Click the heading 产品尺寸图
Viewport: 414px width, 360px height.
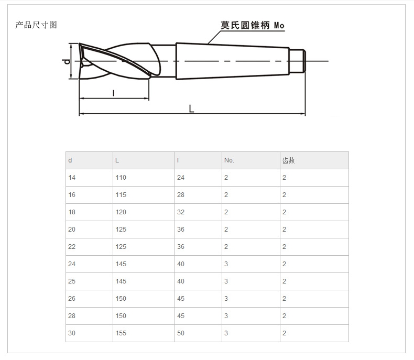[x=36, y=25]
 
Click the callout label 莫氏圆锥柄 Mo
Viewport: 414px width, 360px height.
[x=253, y=25]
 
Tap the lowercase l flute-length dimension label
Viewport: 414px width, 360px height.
[x=114, y=93]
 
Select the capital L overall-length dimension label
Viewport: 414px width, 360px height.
[x=192, y=108]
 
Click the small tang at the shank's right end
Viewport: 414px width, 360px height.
[x=298, y=61]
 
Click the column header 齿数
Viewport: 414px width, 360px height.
[x=288, y=160]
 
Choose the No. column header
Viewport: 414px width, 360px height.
[x=229, y=160]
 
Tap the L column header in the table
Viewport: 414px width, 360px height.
[x=117, y=160]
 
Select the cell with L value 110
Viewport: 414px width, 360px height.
[x=121, y=178]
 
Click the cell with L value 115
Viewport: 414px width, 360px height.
[x=121, y=195]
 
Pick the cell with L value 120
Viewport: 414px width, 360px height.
[x=121, y=212]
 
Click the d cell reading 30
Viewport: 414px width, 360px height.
[x=72, y=333]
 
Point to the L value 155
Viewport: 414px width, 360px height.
[x=121, y=333]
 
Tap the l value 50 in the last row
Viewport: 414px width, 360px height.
[x=181, y=333]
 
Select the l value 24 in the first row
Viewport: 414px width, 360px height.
[x=181, y=178]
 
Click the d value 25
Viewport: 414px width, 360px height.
[x=72, y=281]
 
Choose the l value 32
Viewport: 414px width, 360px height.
[x=181, y=212]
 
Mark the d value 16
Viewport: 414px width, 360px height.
[x=72, y=195]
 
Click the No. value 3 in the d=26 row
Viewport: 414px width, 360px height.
[x=226, y=299]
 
